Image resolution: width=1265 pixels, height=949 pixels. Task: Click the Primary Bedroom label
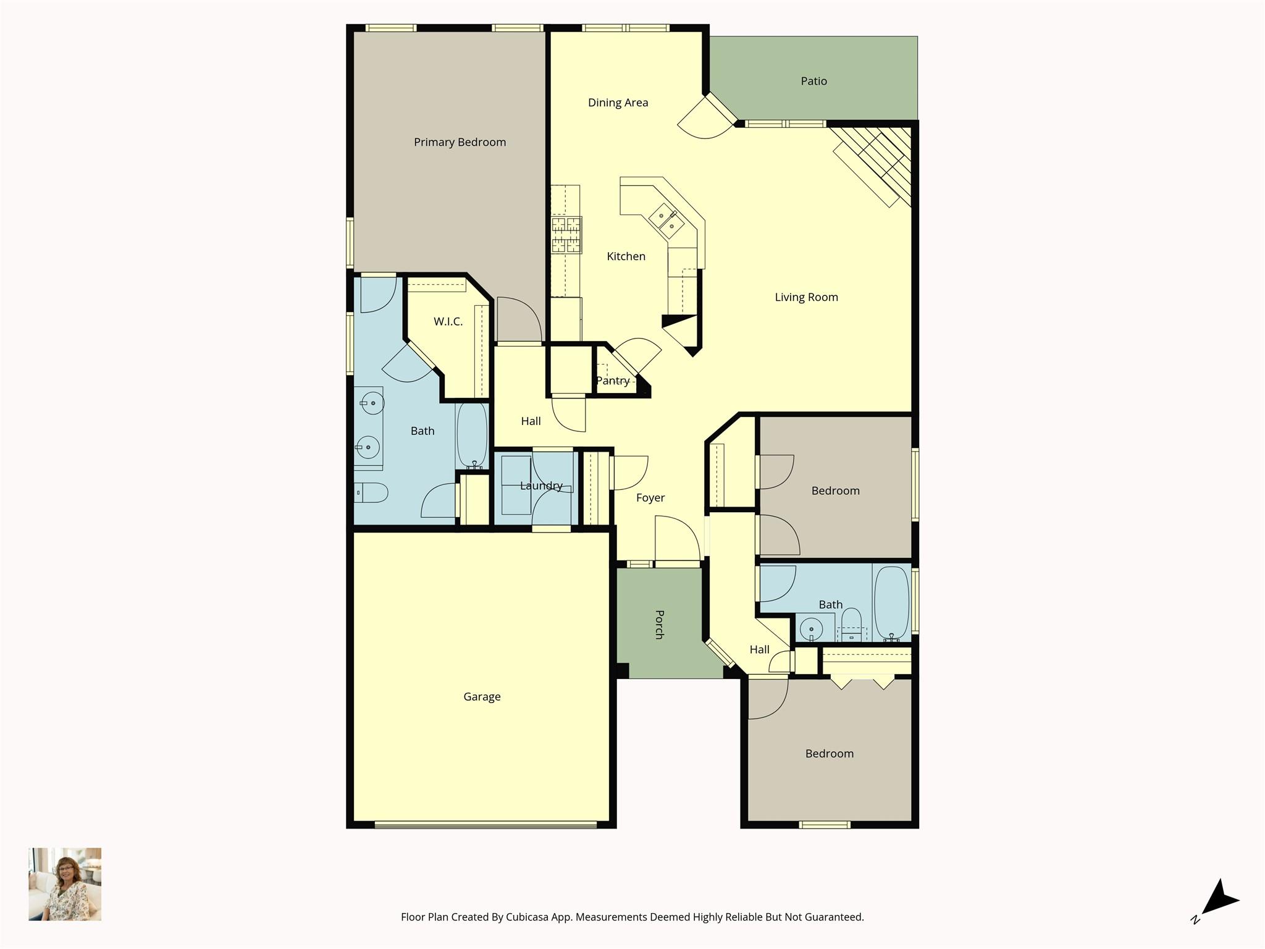click(x=460, y=142)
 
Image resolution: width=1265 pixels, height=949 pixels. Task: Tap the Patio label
click(x=813, y=81)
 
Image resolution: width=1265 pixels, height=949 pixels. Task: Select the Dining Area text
click(x=618, y=103)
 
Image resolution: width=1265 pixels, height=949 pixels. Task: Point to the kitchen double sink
click(x=666, y=222)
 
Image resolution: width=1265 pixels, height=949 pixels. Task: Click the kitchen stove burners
click(x=566, y=235)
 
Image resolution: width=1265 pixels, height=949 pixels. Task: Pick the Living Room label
click(x=806, y=297)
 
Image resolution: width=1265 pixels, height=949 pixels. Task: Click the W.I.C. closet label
click(x=448, y=321)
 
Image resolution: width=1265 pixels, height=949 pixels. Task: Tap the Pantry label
click(x=613, y=381)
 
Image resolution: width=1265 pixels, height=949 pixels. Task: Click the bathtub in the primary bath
click(x=472, y=435)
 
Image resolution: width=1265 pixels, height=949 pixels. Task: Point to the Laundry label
click(x=541, y=486)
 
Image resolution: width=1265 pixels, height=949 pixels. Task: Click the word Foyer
click(x=650, y=497)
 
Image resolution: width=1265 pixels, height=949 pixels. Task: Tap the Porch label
click(x=659, y=625)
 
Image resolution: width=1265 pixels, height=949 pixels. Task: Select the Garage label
click(x=482, y=697)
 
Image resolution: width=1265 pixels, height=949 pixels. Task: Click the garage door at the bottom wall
click(x=485, y=824)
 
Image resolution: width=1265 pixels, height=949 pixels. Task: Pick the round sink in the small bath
click(x=811, y=630)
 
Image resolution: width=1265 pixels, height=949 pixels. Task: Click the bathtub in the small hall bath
click(x=891, y=603)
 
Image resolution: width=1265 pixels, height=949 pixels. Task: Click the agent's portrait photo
click(x=65, y=884)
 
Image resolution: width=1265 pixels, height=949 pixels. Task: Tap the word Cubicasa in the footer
click(x=528, y=917)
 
